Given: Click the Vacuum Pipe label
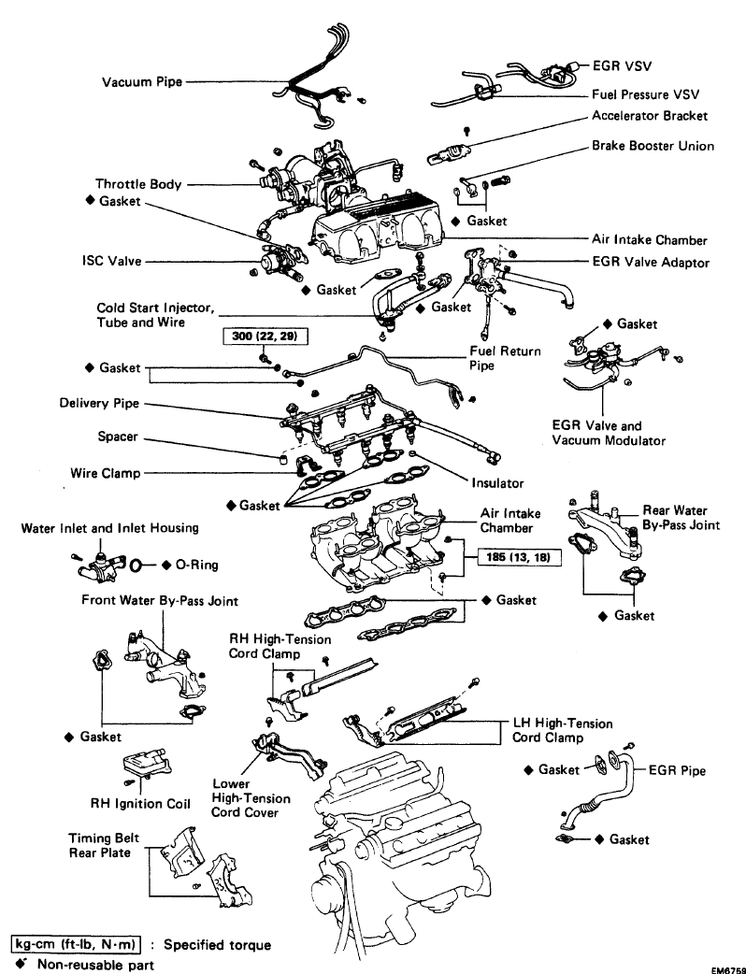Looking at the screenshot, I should (141, 83).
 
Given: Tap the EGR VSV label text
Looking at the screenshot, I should (621, 66).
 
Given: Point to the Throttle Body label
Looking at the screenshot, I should (138, 184).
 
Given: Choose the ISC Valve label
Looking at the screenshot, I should (110, 261).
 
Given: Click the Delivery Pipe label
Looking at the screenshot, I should (98, 405).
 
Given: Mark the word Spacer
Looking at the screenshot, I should (118, 437).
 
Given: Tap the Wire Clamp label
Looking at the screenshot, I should (106, 473).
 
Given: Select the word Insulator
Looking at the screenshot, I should (496, 483).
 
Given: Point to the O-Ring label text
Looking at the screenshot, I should (198, 565).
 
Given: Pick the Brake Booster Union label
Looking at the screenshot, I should (653, 146).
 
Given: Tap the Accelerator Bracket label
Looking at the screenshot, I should (650, 116).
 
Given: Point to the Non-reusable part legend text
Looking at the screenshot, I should (95, 964).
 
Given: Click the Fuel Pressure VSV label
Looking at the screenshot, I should (645, 94).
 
